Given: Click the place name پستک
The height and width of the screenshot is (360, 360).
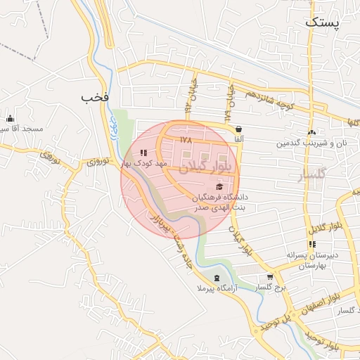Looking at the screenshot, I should tap(323, 22).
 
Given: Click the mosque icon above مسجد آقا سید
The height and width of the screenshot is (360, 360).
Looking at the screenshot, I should tap(11, 118).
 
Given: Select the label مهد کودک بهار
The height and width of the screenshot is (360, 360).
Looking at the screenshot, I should tap(144, 163).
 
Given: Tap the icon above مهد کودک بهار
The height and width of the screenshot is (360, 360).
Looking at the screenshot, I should tap(143, 153).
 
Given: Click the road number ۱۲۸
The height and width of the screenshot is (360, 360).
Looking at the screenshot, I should tap(186, 140).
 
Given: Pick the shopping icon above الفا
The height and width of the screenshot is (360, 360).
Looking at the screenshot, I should tap(240, 129).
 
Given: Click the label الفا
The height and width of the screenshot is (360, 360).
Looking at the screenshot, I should tap(239, 140).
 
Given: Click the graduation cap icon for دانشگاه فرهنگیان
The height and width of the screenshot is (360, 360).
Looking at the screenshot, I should tap(219, 186).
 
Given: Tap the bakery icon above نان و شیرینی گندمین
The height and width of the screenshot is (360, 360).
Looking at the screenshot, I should tap(311, 132).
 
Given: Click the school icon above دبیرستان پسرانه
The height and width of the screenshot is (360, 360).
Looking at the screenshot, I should tap(312, 244).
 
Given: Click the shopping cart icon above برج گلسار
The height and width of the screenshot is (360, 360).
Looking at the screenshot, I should tap(270, 277).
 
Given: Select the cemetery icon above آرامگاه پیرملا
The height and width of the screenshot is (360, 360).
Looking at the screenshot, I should tap(217, 278).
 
